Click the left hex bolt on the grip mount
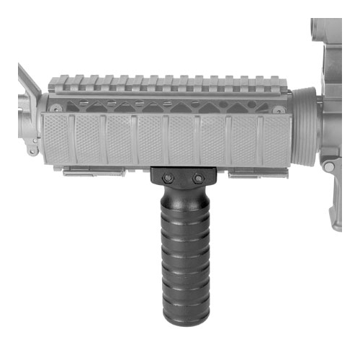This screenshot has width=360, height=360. coord(167,176)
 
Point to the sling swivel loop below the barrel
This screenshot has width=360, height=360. coord(32,149)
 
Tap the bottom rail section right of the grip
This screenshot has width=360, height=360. coord(248,172)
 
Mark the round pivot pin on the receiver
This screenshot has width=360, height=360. coord(328,166)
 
